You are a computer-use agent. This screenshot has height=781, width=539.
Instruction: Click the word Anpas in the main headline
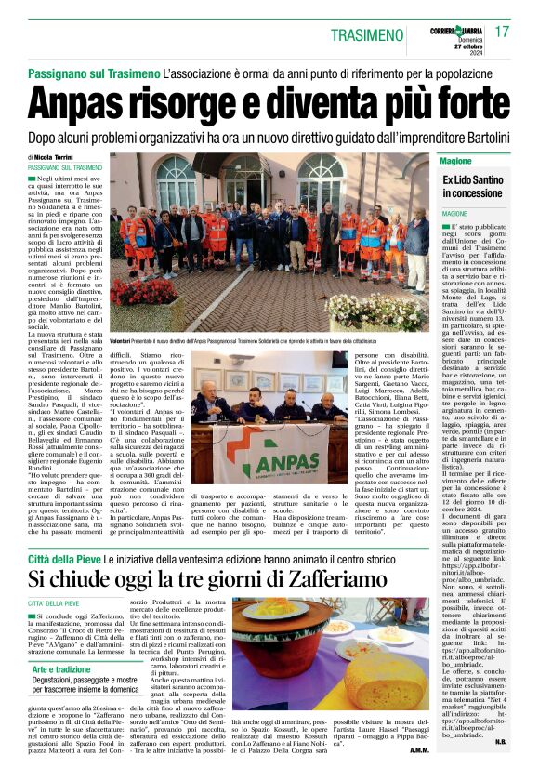(x=90, y=100)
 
